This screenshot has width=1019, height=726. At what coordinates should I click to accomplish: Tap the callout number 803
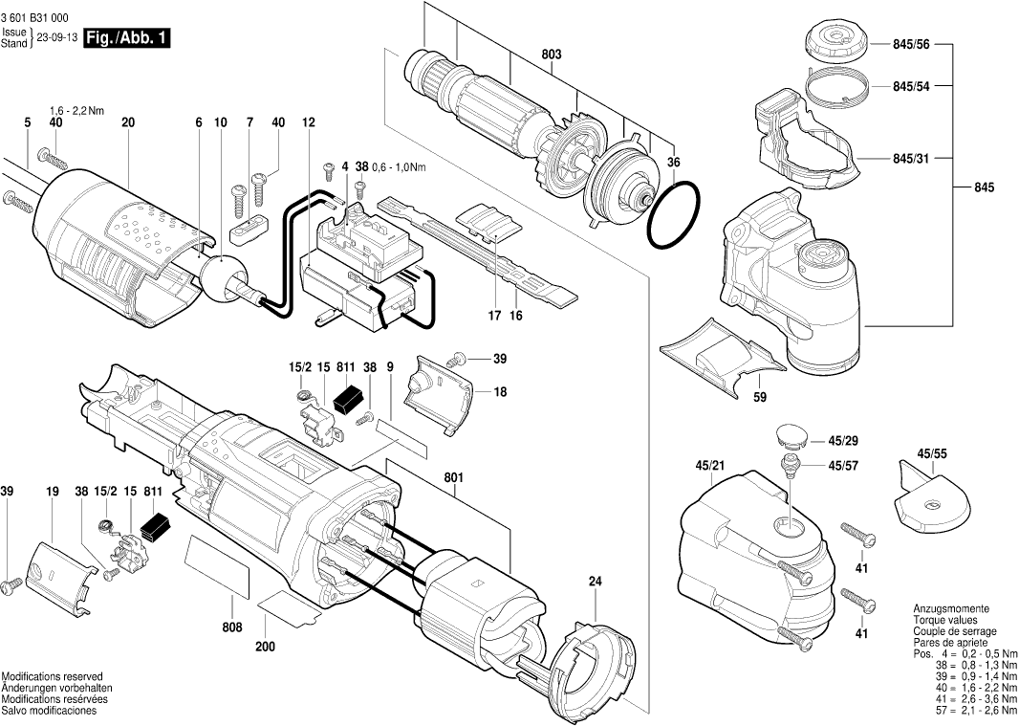552,55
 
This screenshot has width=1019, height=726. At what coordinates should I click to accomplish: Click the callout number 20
249,224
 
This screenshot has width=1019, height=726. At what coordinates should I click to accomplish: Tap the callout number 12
308,122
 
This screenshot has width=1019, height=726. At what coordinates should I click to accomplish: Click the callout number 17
494,317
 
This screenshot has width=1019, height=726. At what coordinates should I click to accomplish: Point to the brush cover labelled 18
437,393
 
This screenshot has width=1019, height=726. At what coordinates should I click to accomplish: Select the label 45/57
843,465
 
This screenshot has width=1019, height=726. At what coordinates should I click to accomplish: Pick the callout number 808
232,627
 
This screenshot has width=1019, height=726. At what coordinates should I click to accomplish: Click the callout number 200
265,648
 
